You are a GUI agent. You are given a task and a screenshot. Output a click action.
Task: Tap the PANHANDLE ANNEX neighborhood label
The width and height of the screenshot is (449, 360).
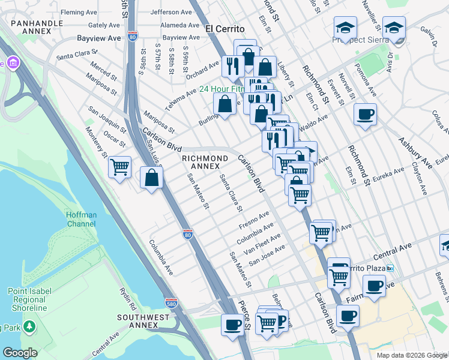[x=37, y=28]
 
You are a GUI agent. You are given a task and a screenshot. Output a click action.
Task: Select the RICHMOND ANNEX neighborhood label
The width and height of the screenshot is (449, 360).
[x=205, y=163]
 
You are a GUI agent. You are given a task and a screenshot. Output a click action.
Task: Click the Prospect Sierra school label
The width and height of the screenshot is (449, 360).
[x=364, y=41]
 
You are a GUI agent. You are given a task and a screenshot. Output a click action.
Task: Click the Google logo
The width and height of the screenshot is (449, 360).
[x=20, y=353]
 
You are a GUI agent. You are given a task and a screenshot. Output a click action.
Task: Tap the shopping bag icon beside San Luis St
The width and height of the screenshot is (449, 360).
[x=151, y=178]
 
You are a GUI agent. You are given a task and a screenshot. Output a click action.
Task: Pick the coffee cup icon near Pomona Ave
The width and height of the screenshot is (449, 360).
[x=365, y=114]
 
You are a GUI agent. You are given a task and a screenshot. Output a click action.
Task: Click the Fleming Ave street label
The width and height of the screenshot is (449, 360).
[x=80, y=12]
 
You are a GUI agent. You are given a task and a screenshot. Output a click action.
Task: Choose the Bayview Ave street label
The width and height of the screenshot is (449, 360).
[x=99, y=37]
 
